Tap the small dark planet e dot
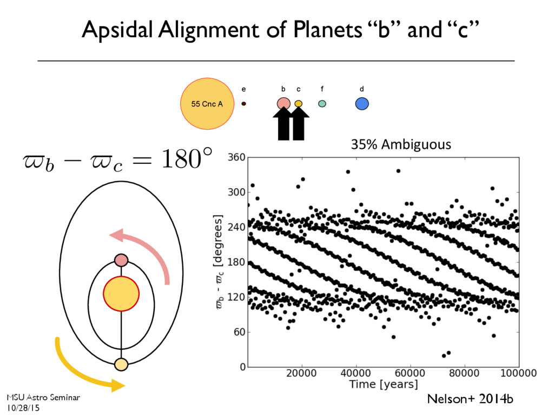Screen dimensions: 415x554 (243, 103)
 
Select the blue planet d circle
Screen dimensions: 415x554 (362, 103)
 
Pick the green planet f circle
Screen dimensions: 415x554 (322, 103)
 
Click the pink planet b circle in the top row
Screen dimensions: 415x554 (283, 103)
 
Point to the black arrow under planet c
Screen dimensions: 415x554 (299, 124)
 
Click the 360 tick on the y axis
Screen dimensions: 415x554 (236, 157)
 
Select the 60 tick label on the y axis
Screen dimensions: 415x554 (239, 332)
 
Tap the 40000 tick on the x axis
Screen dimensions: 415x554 (356, 373)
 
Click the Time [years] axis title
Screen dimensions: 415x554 (384, 385)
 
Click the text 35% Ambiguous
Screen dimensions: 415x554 (401, 144)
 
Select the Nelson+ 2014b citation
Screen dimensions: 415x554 (470, 399)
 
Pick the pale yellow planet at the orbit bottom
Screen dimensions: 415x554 (121, 365)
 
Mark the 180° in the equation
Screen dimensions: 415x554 (187, 160)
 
